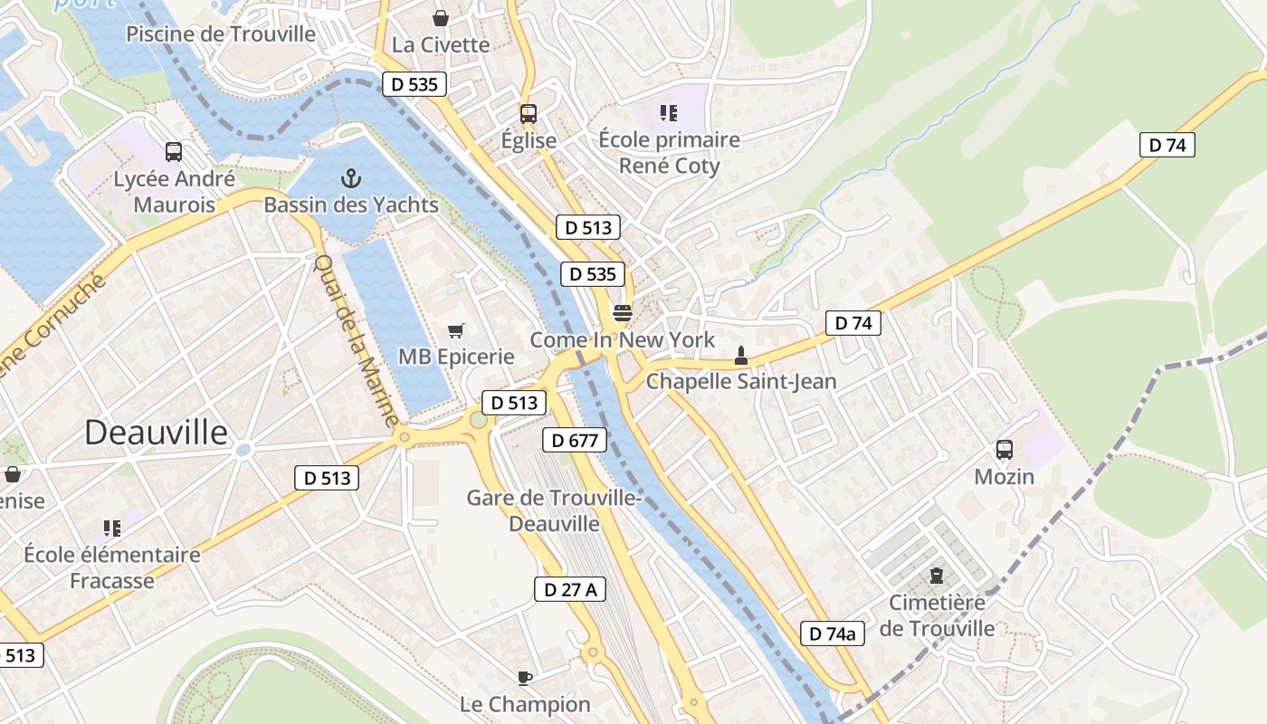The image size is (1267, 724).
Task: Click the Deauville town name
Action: pyautogui.click(x=156, y=433)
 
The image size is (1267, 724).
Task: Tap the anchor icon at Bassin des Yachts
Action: pyautogui.click(x=351, y=178)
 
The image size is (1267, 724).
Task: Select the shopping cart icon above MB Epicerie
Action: pyautogui.click(x=457, y=331)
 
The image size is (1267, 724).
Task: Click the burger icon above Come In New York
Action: pyautogui.click(x=622, y=314)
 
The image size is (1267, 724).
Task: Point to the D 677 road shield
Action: pyautogui.click(x=574, y=441)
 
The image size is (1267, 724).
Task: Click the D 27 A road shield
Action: pyautogui.click(x=569, y=589)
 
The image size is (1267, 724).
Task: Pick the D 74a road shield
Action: pyautogui.click(x=832, y=633)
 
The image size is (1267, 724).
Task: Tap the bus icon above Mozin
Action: pyautogui.click(x=1004, y=450)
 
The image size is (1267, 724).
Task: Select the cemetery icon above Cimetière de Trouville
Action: pyautogui.click(x=936, y=576)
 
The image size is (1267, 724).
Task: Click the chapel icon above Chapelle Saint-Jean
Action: pyautogui.click(x=741, y=355)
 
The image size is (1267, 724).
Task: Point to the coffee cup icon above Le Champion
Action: pyautogui.click(x=524, y=678)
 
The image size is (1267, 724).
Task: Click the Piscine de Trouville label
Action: pyautogui.click(x=221, y=34)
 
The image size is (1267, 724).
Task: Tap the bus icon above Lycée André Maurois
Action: pyautogui.click(x=174, y=152)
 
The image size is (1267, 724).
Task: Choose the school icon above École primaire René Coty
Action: pyautogui.click(x=669, y=113)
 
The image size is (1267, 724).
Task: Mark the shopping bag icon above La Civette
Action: pyautogui.click(x=441, y=18)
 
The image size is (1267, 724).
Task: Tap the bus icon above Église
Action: pyautogui.click(x=529, y=114)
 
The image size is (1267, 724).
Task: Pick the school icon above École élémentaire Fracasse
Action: pyautogui.click(x=112, y=528)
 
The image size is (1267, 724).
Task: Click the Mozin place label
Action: pyautogui.click(x=1004, y=476)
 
